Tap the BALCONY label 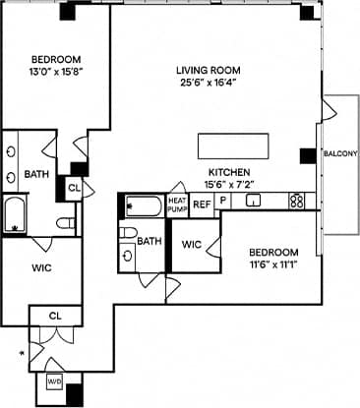pos(339,153)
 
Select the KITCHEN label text pos(225,171)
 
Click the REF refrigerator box pos(202,204)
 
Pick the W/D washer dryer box pos(53,382)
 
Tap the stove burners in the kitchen pos(296,202)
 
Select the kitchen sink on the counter pos(253,203)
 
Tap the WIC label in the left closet pos(40,266)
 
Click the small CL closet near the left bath pos(75,188)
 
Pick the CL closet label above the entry pos(55,316)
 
